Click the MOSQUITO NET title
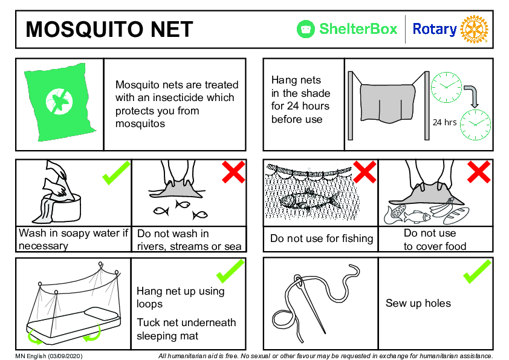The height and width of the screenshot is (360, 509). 109,29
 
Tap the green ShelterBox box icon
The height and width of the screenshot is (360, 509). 305,29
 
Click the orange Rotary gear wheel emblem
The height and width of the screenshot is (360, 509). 475,29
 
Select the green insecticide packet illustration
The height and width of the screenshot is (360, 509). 59,102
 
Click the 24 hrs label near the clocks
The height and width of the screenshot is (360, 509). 444,122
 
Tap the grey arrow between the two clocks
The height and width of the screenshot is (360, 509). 472,96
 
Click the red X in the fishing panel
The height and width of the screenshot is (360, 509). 365,172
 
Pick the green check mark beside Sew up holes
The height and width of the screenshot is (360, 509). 477,272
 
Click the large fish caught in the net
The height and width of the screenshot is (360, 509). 310,201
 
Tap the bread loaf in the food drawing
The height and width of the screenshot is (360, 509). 456,216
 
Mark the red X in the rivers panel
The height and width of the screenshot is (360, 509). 233,172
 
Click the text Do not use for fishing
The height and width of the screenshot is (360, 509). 322,238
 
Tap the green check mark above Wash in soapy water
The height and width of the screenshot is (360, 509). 116,173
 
